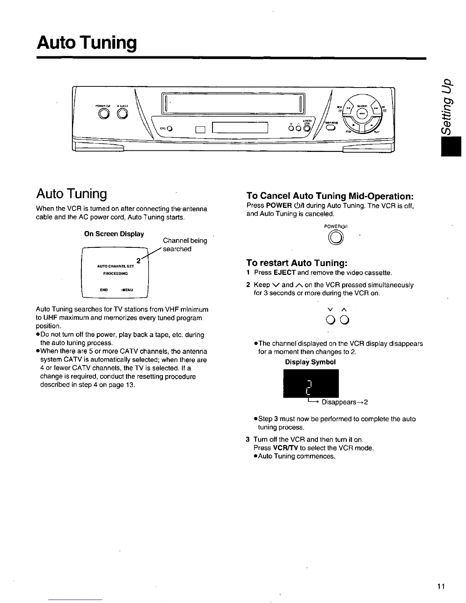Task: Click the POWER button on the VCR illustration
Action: (x=103, y=114)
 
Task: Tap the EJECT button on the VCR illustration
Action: (x=122, y=114)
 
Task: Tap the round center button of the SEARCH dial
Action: (x=361, y=113)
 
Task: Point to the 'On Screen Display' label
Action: (x=114, y=234)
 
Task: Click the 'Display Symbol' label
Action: (x=310, y=362)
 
